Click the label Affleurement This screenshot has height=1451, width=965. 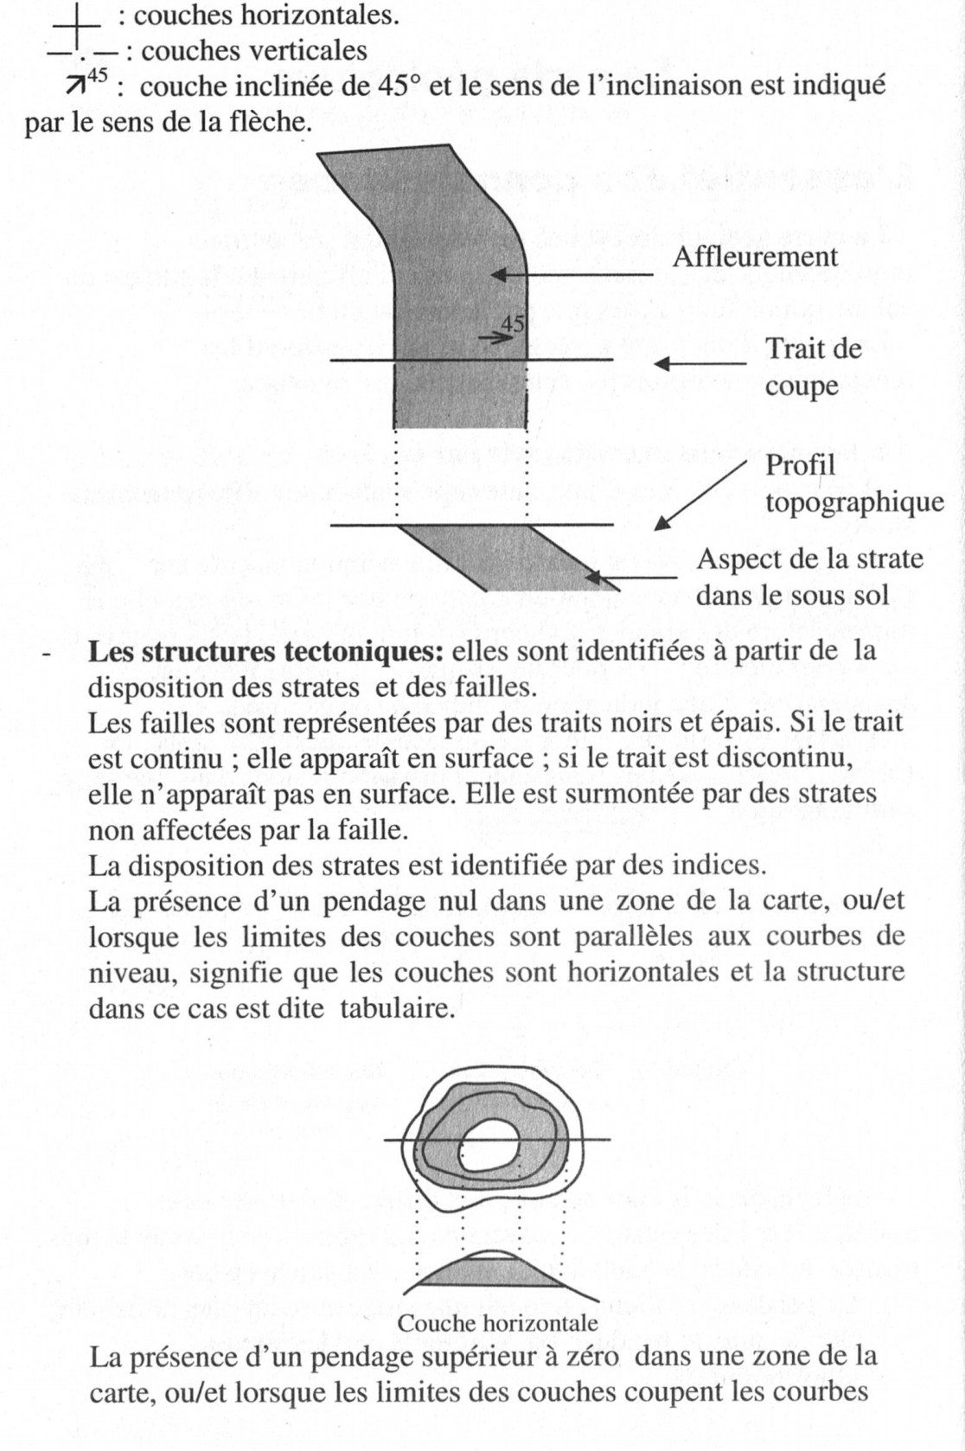pos(755,257)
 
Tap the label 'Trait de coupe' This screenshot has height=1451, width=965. pos(813,367)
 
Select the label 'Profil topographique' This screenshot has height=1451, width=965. pos(853,483)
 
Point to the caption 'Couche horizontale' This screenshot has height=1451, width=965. pos(497,1323)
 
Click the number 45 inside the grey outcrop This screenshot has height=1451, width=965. pos(513,324)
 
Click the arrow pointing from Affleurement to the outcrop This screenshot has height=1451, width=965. pos(572,276)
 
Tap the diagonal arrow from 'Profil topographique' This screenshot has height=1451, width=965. pos(700,495)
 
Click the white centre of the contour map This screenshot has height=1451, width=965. pos(489,1147)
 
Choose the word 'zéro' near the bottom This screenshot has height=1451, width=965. pos(592,1356)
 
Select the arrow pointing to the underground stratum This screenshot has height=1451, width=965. pos(630,578)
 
